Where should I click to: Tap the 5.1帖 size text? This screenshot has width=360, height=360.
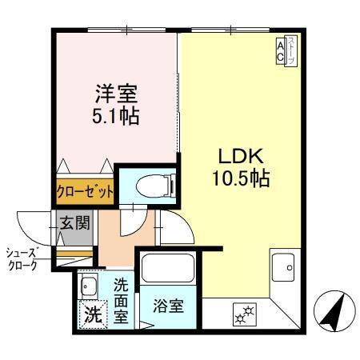coord(114,116)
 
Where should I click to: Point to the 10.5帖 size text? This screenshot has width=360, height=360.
coord(238,178)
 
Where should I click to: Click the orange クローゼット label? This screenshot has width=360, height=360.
coord(84,193)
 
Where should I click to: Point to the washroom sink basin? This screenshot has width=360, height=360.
coord(88,286)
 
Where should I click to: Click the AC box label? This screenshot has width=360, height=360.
coord(281,51)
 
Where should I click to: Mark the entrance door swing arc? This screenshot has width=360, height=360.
coord(32,224)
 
